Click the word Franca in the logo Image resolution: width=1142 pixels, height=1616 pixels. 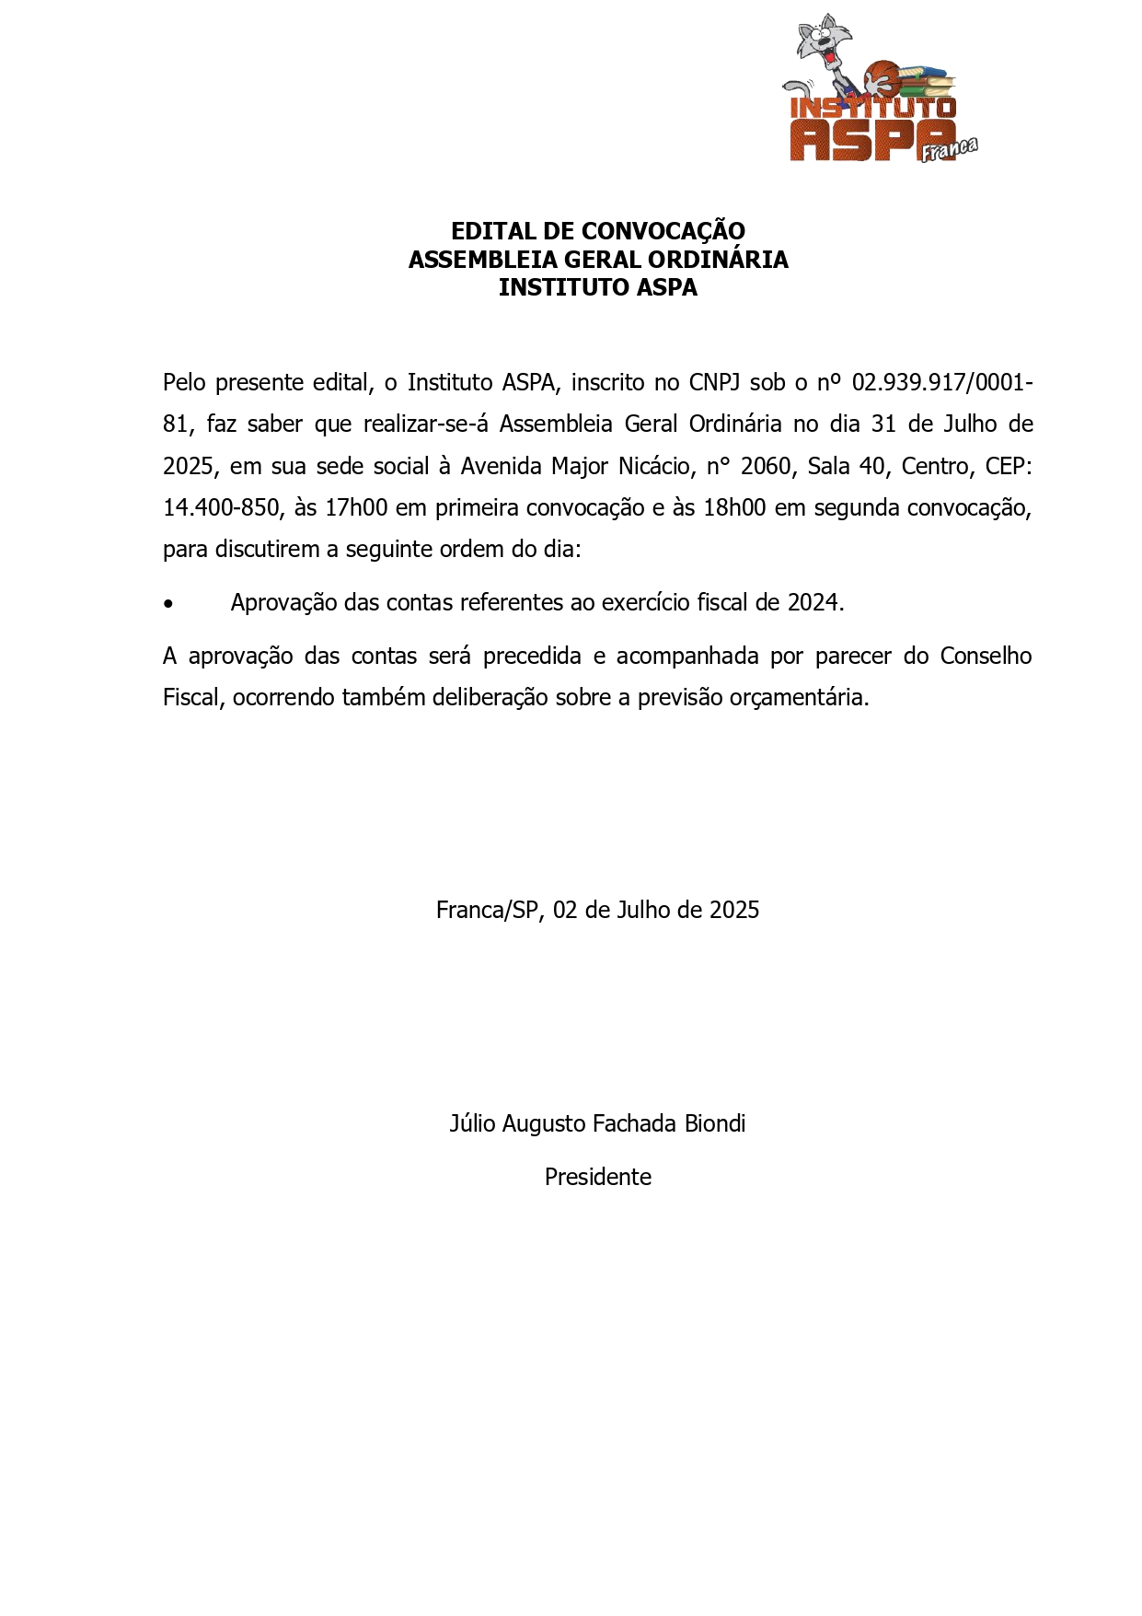tap(949, 149)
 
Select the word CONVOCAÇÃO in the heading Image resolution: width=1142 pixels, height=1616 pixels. tap(663, 231)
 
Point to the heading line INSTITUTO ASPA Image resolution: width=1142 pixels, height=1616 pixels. tap(597, 288)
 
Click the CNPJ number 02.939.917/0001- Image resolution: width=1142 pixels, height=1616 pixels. tap(942, 382)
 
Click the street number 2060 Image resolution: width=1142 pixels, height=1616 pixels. tap(766, 467)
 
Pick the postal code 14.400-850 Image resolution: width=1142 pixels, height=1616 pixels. tap(221, 508)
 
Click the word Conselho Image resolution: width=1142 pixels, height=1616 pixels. tap(986, 657)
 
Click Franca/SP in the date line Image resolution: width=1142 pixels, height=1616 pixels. tap(486, 911)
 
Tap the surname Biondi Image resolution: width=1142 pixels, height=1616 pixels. tap(715, 1124)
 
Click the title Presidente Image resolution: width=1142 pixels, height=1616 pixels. tap(597, 1178)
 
